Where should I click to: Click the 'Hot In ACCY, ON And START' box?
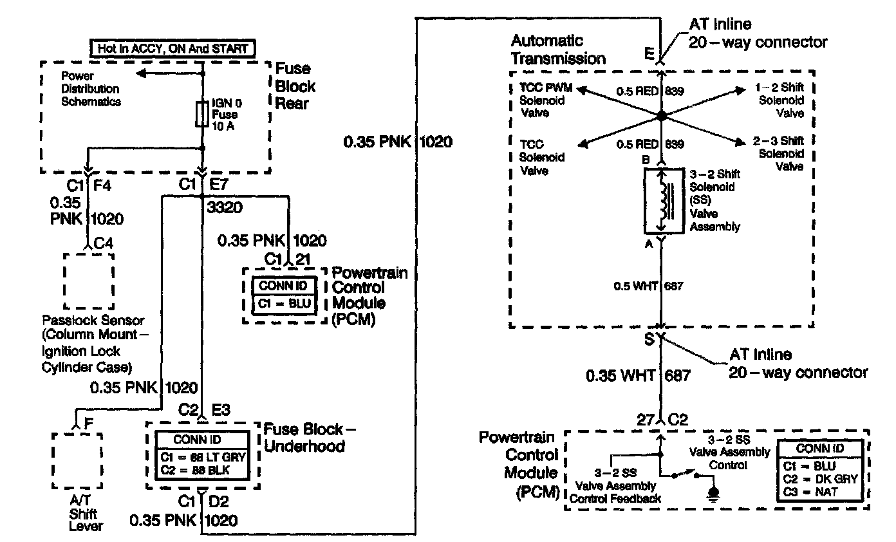click(x=171, y=48)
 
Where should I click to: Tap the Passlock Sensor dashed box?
click(x=88, y=281)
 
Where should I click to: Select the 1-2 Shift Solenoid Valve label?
click(x=779, y=100)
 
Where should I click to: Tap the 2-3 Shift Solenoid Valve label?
click(x=779, y=153)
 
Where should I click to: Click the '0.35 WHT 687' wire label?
click(x=637, y=375)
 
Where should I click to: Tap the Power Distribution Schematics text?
click(x=91, y=88)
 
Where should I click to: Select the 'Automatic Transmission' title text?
click(x=558, y=50)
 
